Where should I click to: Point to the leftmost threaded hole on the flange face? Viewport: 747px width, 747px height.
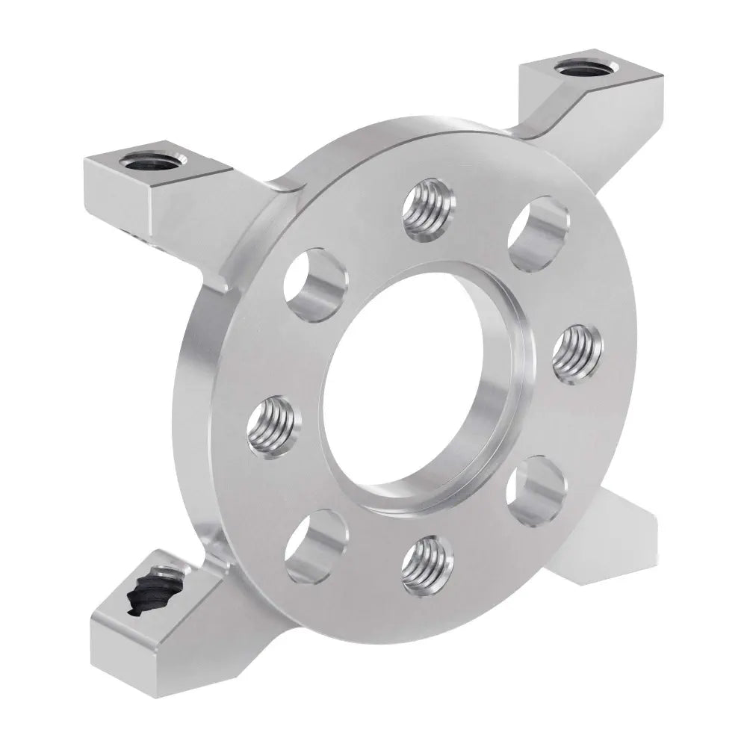pyautogui.click(x=273, y=424)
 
